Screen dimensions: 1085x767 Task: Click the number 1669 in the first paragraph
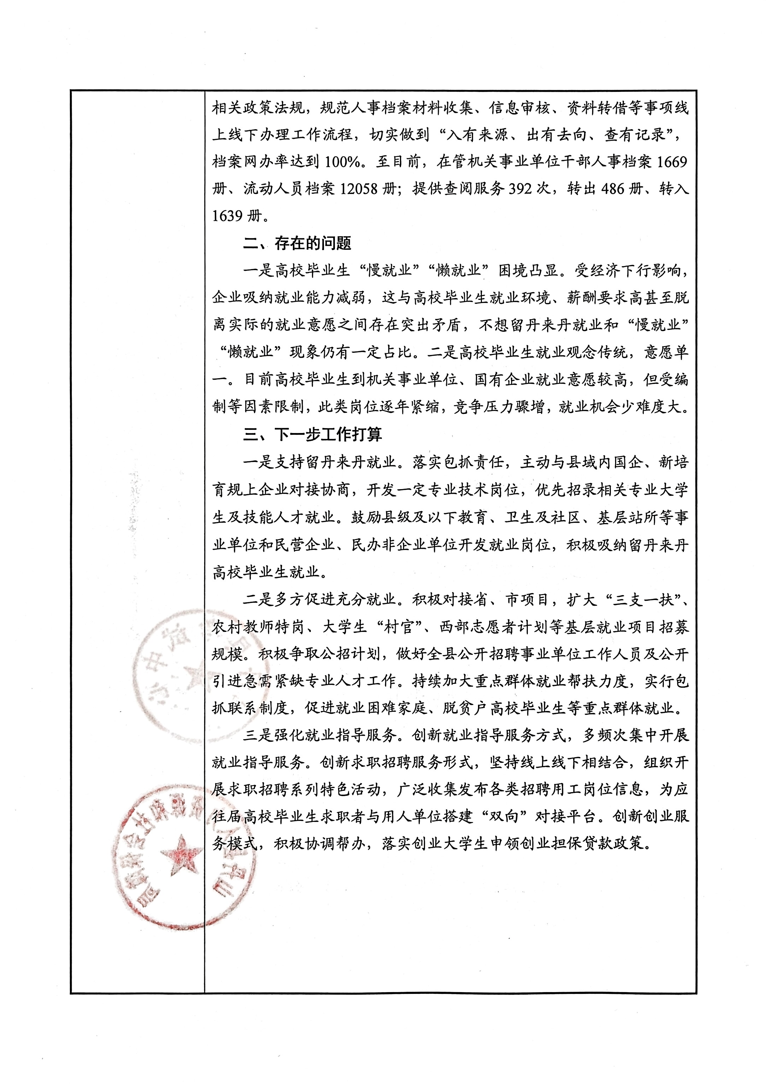(672, 162)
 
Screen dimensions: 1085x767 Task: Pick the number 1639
(227, 217)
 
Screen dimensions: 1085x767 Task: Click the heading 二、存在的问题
(297, 244)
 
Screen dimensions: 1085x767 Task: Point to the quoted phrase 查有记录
(634, 135)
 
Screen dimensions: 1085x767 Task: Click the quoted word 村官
(399, 628)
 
